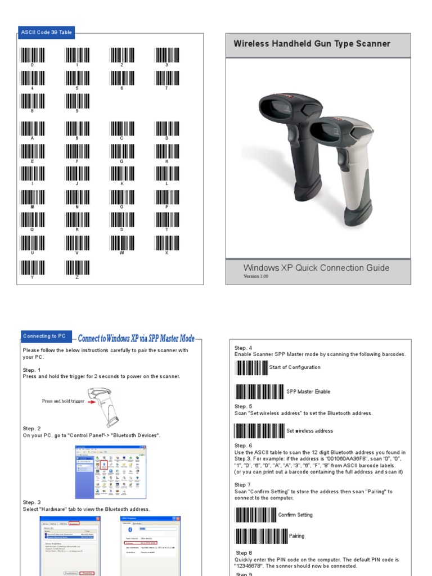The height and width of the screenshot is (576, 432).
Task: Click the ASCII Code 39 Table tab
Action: [46, 33]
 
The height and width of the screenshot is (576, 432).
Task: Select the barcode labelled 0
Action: [33, 55]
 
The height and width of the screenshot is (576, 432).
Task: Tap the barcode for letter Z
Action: [78, 267]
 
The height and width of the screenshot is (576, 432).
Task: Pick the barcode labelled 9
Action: [78, 101]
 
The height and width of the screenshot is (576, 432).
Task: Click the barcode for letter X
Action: [166, 243]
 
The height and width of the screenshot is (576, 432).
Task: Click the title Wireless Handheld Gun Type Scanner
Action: [312, 44]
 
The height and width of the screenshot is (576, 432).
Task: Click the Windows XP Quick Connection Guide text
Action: [316, 268]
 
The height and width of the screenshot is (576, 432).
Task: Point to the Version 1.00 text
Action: [256, 276]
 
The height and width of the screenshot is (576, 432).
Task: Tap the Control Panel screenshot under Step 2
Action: [111, 472]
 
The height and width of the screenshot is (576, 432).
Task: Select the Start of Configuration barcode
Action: [251, 368]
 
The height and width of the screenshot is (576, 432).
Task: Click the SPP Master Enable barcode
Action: [259, 391]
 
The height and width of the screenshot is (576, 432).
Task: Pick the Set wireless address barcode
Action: [259, 431]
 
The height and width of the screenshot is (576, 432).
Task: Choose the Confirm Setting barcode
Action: [255, 515]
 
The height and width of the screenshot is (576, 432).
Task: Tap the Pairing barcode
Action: [260, 536]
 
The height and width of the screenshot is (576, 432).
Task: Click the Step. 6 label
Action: [244, 445]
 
